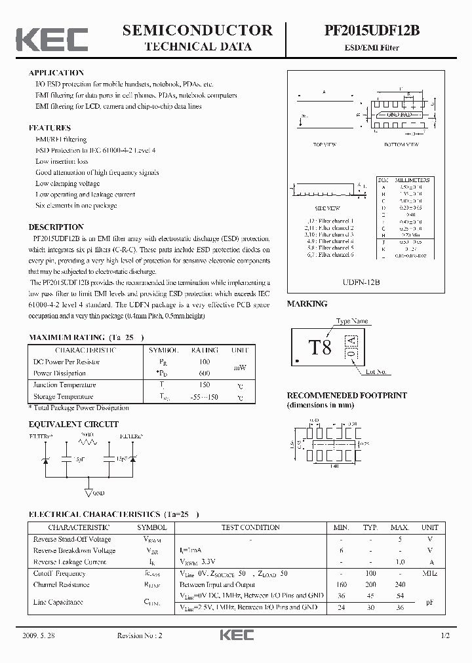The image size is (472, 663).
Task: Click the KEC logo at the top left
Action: click(x=51, y=39)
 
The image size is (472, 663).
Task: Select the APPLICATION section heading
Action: click(x=56, y=73)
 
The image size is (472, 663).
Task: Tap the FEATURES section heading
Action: click(x=50, y=128)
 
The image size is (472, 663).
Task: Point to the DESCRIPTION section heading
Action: click(x=56, y=227)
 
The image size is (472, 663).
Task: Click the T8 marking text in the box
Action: click(x=320, y=348)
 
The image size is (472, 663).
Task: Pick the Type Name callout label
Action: click(x=352, y=322)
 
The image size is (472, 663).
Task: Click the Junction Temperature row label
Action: click(x=64, y=385)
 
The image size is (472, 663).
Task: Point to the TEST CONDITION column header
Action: click(x=251, y=527)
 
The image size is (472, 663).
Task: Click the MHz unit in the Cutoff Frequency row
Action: click(x=429, y=573)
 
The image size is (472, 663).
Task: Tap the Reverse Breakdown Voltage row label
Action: click(x=74, y=550)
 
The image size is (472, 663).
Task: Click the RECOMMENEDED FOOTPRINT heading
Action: click(x=347, y=396)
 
